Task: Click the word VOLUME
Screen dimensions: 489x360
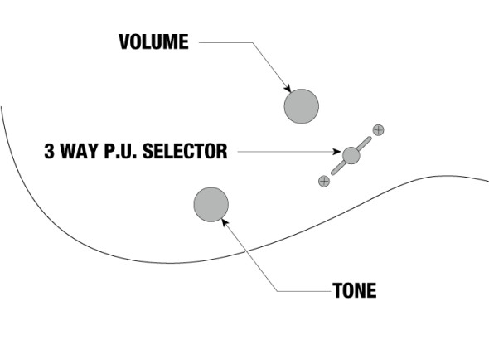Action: pyautogui.click(x=153, y=41)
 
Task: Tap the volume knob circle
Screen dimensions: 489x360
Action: pyautogui.click(x=301, y=106)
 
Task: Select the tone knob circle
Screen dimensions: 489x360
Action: pyautogui.click(x=211, y=205)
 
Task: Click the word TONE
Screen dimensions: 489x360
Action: pyautogui.click(x=355, y=290)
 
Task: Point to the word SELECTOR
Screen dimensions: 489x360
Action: pyautogui.click(x=185, y=151)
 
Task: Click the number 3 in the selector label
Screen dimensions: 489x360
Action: pyautogui.click(x=49, y=151)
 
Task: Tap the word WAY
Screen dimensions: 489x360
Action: pyautogui.click(x=80, y=151)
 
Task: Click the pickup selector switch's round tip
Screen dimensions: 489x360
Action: pyautogui.click(x=351, y=155)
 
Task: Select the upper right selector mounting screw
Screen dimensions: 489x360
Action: pyautogui.click(x=378, y=130)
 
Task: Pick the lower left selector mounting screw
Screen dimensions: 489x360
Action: pyautogui.click(x=324, y=181)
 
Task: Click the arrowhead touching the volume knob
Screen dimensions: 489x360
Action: pyautogui.click(x=288, y=89)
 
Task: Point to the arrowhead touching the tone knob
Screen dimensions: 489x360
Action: pyautogui.click(x=225, y=222)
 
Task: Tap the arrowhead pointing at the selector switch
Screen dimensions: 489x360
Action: pyautogui.click(x=337, y=152)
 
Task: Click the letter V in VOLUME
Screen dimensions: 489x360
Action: pyautogui.click(x=123, y=41)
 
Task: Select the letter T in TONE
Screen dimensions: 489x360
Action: pyautogui.click(x=337, y=290)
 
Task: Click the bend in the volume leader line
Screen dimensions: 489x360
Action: pyautogui.click(x=252, y=42)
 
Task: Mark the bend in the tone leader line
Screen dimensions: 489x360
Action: pyautogui.click(x=278, y=291)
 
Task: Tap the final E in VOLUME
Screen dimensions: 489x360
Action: pyautogui.click(x=184, y=41)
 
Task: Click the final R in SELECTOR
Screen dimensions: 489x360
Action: pyautogui.click(x=222, y=151)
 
